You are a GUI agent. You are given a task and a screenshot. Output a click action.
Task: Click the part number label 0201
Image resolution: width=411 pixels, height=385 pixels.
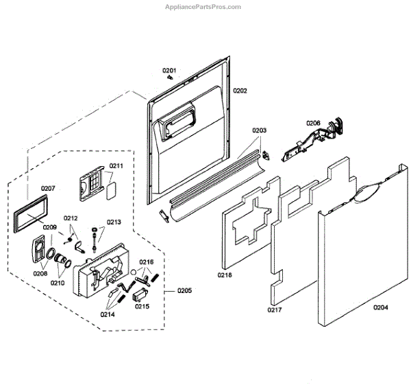[169, 71]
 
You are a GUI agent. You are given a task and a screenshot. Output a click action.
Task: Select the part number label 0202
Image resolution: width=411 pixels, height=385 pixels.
[240, 91]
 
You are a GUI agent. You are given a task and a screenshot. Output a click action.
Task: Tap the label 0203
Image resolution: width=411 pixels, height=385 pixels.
[259, 130]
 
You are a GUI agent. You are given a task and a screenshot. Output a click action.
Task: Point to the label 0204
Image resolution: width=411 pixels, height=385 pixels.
[381, 307]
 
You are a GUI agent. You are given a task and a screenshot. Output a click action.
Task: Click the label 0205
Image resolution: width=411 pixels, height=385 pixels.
[184, 290]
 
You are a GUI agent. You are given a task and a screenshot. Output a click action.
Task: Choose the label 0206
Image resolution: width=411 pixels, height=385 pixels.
[313, 123]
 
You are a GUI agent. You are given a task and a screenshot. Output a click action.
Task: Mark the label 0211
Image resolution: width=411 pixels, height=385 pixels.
[116, 166]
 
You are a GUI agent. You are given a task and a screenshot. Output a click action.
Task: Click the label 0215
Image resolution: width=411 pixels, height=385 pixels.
[142, 306]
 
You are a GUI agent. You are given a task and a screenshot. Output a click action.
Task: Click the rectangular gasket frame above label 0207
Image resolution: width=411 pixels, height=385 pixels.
[35, 213]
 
